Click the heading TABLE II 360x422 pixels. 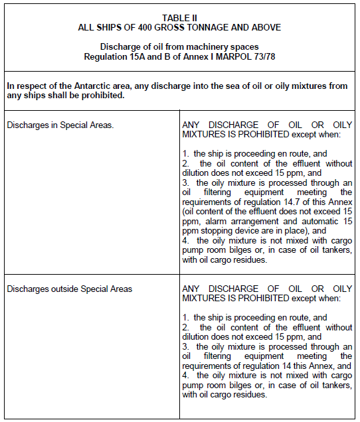179,18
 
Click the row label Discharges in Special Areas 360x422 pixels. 60,123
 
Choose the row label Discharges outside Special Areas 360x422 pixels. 69,289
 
